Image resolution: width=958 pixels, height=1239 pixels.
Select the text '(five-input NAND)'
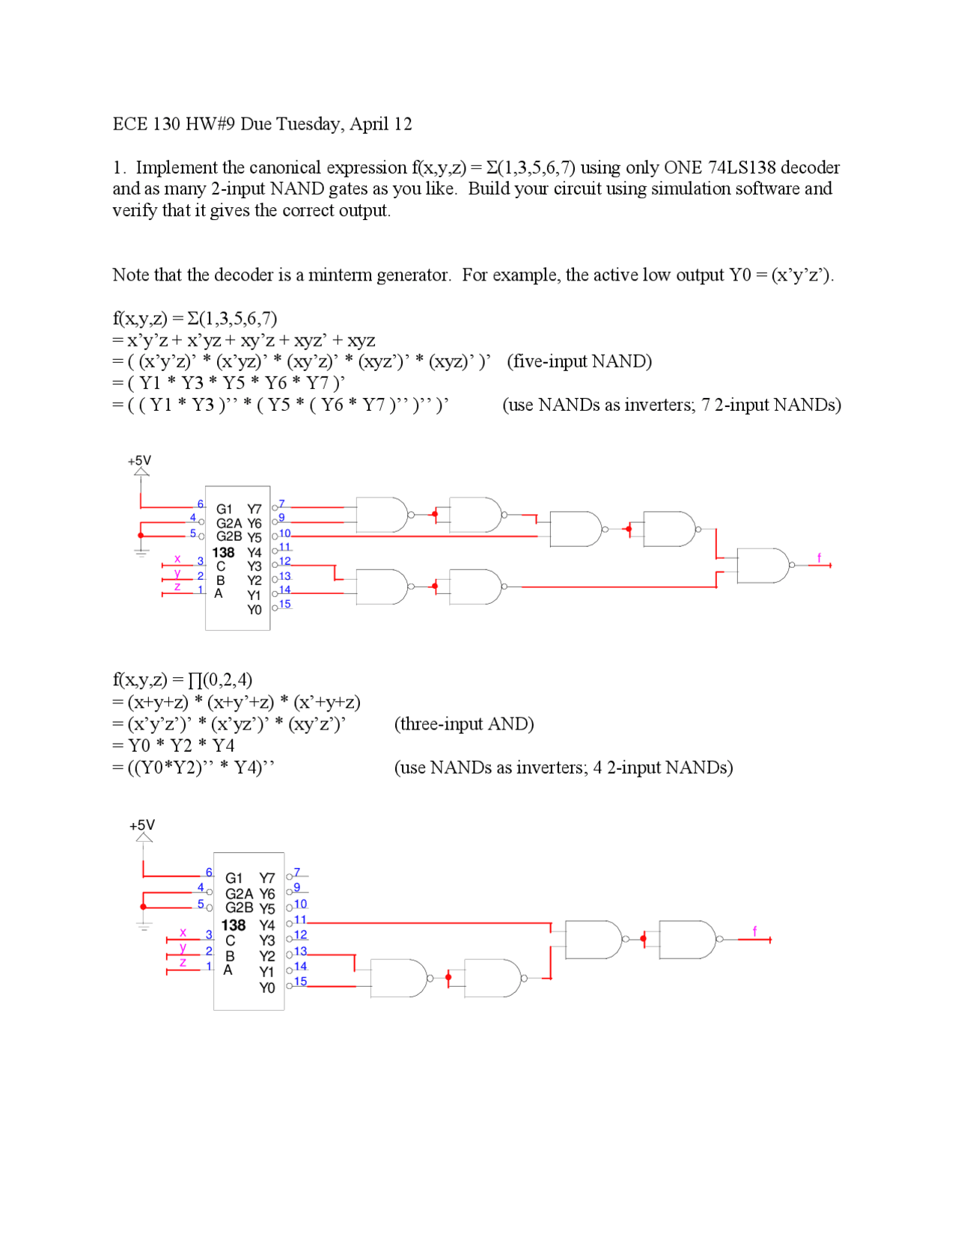[579, 361]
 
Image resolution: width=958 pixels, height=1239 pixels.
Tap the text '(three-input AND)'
[464, 724]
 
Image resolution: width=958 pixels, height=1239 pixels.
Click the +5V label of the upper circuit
[139, 461]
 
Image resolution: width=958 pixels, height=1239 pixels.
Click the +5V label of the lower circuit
[142, 825]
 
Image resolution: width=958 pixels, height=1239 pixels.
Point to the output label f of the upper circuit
[819, 558]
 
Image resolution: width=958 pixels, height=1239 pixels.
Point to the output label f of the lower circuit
[754, 931]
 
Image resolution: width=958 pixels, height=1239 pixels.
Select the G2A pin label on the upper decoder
[229, 524]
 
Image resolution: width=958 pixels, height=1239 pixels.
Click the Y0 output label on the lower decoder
[267, 988]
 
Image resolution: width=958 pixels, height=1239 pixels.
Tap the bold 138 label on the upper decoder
[224, 553]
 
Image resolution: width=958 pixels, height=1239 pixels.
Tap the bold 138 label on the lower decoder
[234, 926]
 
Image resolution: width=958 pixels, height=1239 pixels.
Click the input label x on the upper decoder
[177, 559]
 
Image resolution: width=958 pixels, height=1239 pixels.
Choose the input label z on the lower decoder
[183, 963]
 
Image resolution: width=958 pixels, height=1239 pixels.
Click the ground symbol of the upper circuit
[141, 552]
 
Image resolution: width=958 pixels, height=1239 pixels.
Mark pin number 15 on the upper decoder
[284, 604]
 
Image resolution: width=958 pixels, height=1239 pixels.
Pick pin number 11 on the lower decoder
[300, 920]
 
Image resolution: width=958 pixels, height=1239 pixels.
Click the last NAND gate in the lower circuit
[687, 940]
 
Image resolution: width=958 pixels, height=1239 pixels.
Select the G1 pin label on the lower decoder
[234, 878]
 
